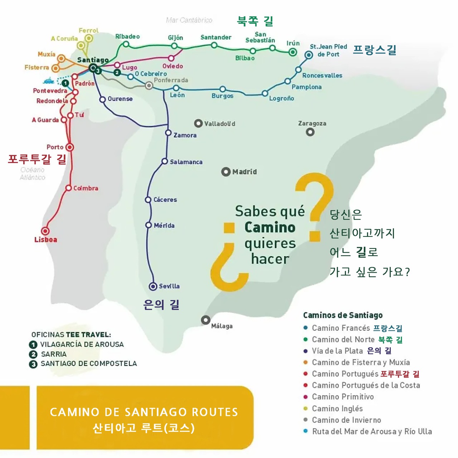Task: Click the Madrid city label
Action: (x=244, y=172)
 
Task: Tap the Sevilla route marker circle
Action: (x=153, y=286)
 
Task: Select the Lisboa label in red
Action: (x=45, y=240)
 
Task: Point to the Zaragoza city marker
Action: (x=310, y=132)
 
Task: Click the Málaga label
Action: (x=222, y=326)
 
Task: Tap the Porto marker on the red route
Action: (x=70, y=147)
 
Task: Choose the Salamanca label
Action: (x=186, y=162)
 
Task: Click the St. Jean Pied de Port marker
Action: (x=309, y=55)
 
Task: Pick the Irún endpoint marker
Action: (x=293, y=52)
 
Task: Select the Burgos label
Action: (x=222, y=96)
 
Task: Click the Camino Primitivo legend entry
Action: (x=343, y=397)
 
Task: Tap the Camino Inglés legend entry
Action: (x=337, y=409)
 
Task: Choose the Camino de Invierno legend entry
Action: (x=346, y=420)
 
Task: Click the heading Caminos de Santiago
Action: (x=343, y=315)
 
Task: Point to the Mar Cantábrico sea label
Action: (x=189, y=20)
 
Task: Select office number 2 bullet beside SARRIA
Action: (x=33, y=354)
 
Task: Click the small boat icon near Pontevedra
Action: (x=49, y=81)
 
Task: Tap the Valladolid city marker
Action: (x=198, y=123)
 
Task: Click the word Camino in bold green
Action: (x=270, y=228)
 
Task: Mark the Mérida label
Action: (x=164, y=225)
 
